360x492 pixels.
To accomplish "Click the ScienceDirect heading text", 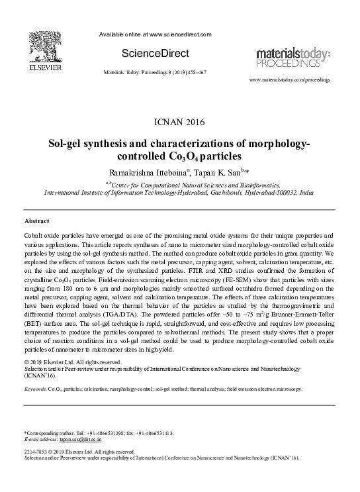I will [x=156, y=53].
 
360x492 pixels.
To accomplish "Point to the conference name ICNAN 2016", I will [x=179, y=122].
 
